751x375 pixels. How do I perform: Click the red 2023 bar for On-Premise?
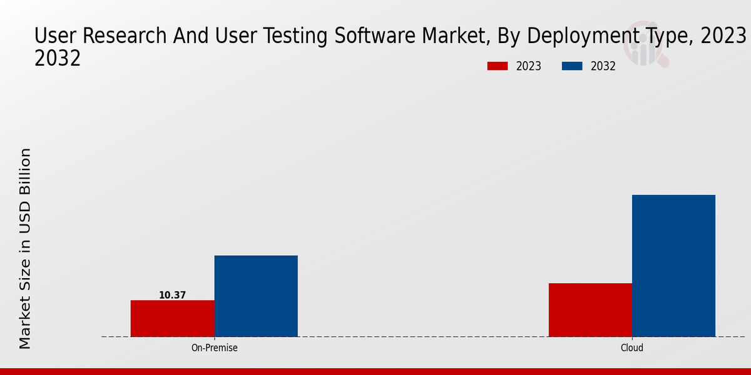172,318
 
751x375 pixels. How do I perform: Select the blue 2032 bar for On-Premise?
256,296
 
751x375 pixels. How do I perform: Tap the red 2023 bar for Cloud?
590,310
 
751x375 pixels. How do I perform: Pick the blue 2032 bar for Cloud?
673,266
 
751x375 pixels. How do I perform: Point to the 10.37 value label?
172,295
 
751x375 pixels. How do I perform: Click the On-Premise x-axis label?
214,348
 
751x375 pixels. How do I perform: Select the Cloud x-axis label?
632,348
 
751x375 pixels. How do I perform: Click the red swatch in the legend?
498,66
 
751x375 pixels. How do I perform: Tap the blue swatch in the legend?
573,66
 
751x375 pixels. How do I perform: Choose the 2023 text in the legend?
529,66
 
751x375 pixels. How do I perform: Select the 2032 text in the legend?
603,66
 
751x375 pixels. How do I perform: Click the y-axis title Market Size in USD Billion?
25,248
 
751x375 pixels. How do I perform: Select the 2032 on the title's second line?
58,58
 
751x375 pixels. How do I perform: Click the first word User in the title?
54,36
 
